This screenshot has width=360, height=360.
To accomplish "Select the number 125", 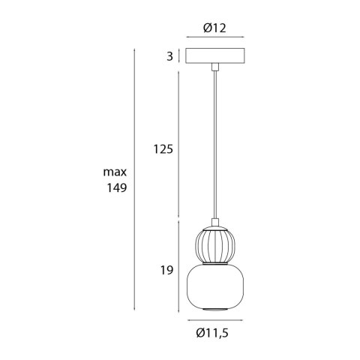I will tap(163, 149).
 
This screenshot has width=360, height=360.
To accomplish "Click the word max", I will tap(116, 173).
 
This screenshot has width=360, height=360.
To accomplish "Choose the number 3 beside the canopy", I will tap(170, 56).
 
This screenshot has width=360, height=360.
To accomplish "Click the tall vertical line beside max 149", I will tap(133, 180).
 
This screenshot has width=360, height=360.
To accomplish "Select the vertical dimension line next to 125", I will tap(178, 142).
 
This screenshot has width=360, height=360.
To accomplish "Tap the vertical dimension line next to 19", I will tap(178, 266).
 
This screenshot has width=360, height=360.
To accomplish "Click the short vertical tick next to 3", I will tap(178, 56).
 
